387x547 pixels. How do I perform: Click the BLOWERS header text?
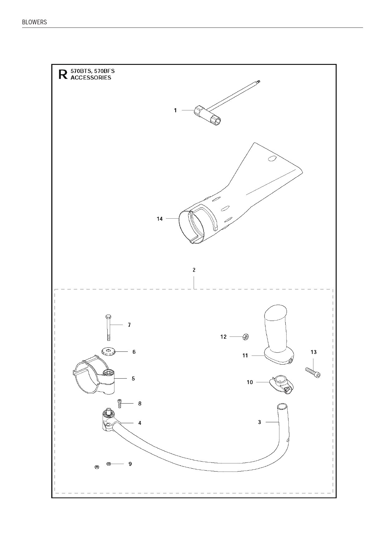pyautogui.click(x=34, y=22)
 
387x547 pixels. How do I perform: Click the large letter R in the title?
pyautogui.click(x=63, y=74)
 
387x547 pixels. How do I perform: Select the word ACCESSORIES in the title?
pyautogui.click(x=91, y=78)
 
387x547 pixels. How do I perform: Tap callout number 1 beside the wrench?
pyautogui.click(x=175, y=110)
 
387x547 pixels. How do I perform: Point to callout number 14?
pyautogui.click(x=160, y=219)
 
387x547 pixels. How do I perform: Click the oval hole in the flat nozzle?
pyautogui.click(x=272, y=158)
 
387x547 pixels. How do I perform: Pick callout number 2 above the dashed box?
pyautogui.click(x=194, y=270)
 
